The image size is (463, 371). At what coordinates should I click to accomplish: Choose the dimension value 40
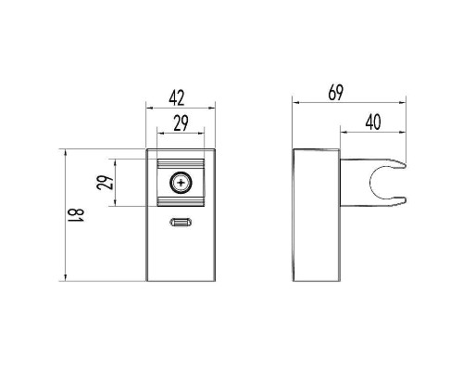coord(374,122)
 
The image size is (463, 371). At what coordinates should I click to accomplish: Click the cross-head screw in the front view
coord(183,183)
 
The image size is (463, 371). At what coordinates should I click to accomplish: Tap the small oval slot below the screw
coord(183,223)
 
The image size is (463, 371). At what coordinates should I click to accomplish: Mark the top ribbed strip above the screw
coord(183,164)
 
